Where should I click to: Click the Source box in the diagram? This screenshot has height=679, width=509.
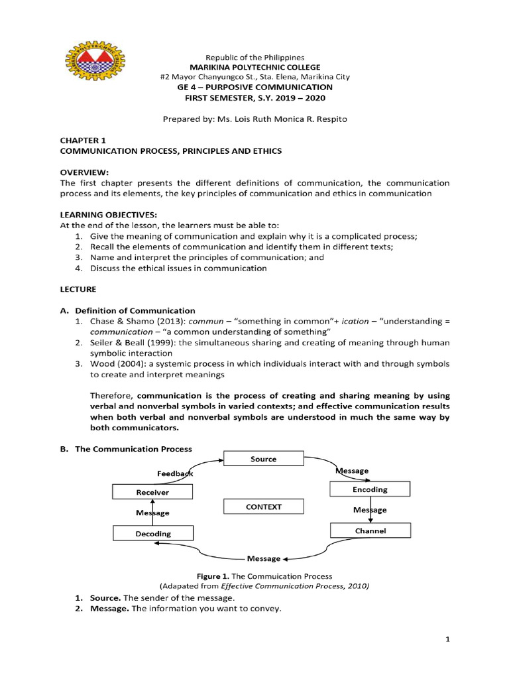[263, 459]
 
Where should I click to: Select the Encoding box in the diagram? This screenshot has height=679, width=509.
[369, 489]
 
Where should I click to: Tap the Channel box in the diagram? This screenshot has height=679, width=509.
[369, 531]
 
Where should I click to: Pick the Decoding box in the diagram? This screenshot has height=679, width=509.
[153, 533]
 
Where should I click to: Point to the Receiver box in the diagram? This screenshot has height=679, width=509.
[152, 492]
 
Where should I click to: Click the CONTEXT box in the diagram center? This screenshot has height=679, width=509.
[263, 507]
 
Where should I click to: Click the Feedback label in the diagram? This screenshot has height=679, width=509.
[175, 474]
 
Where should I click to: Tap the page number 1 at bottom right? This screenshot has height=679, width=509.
[447, 639]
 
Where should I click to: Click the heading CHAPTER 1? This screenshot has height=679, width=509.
[83, 140]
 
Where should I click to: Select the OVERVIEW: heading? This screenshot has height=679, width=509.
[84, 170]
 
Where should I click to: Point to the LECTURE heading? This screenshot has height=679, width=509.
[78, 289]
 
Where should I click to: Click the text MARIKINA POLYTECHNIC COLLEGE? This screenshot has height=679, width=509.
[254, 67]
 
